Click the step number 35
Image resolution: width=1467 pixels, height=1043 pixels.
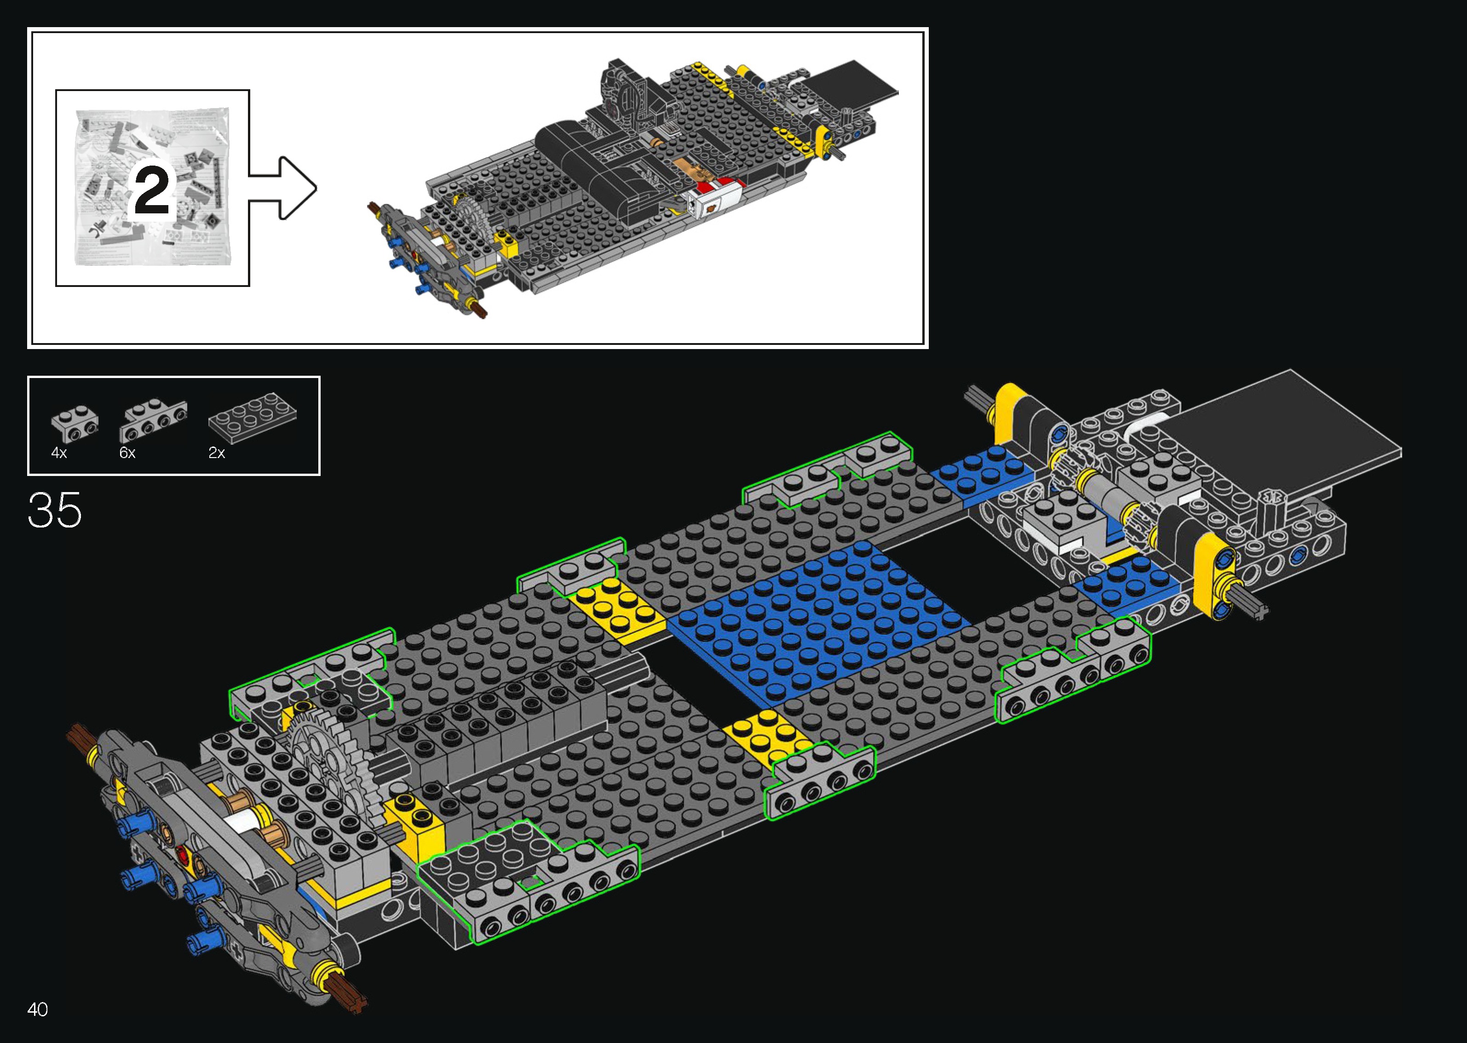point(55,510)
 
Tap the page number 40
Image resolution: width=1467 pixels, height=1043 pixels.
point(37,1009)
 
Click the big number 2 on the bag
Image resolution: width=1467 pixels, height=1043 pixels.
point(152,191)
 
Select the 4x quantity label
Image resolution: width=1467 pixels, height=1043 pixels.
point(59,453)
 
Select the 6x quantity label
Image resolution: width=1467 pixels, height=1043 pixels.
point(127,453)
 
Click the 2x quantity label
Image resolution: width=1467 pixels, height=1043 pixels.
point(217,453)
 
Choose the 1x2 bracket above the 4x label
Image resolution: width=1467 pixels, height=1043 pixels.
point(75,422)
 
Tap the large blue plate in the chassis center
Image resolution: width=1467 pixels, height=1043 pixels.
point(816,617)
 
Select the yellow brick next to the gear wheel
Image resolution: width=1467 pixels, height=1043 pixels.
point(418,829)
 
